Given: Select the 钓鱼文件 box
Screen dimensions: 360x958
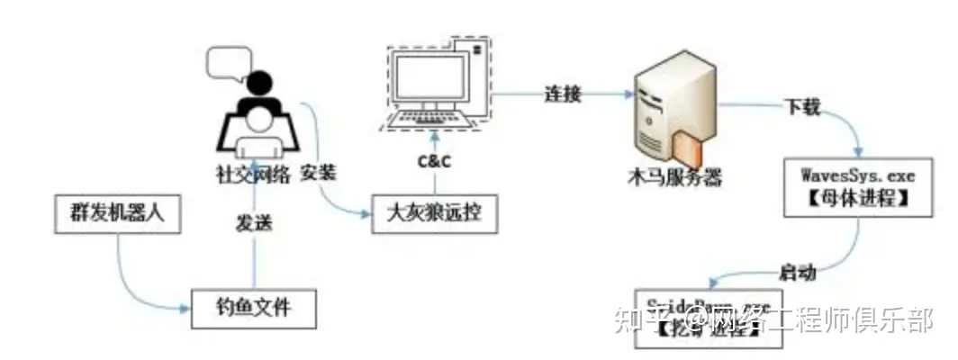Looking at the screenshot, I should click(x=254, y=308).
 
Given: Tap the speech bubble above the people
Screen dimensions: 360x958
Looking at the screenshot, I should click(x=225, y=60).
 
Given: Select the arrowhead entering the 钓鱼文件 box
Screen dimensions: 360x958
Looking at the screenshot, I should click(x=187, y=309).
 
